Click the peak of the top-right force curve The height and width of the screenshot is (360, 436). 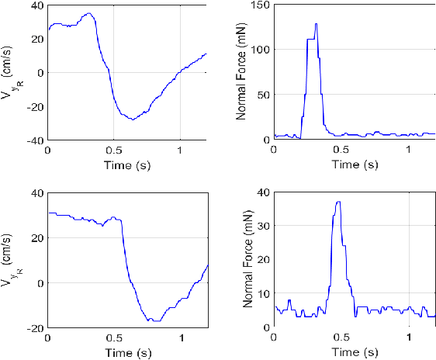(x=316, y=24)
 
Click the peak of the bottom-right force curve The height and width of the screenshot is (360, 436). (x=337, y=202)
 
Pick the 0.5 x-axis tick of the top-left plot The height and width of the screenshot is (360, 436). (x=114, y=150)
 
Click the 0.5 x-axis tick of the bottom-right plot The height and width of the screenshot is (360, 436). (x=341, y=338)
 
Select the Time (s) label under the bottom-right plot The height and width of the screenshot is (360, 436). (x=354, y=352)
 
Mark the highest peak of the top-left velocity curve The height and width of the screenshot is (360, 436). (x=88, y=13)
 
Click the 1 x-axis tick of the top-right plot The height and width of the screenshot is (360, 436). (x=409, y=150)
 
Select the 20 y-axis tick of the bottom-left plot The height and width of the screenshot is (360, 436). (x=36, y=238)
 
